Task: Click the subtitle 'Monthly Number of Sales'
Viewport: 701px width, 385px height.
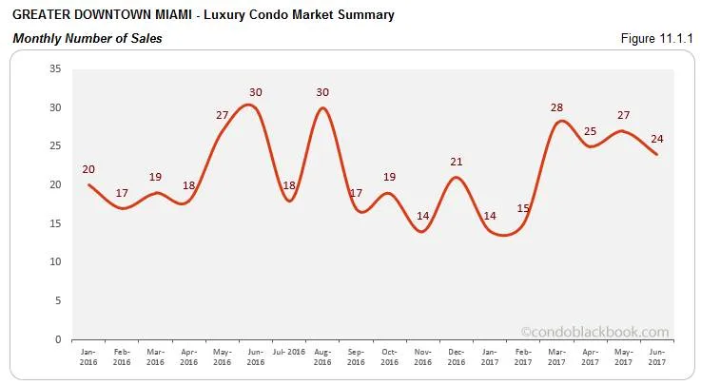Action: pos(87,39)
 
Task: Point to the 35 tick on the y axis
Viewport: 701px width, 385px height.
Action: pos(54,68)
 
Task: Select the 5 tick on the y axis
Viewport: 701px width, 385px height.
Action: pos(57,300)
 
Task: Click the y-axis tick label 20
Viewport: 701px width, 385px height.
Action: pos(54,184)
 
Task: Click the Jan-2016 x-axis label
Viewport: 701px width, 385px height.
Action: pos(88,356)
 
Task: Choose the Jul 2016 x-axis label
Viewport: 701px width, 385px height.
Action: pos(289,352)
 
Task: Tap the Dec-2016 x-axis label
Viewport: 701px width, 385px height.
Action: pos(458,356)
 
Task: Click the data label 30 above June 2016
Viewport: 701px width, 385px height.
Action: pos(256,92)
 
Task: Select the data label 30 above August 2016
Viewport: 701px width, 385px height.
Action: pos(323,92)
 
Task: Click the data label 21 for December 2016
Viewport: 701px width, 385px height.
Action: pos(458,162)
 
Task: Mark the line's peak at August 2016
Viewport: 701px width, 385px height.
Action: pos(323,107)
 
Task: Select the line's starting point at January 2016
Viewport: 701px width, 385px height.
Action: pos(88,184)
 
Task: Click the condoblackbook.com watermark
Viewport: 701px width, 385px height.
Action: pos(594,332)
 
